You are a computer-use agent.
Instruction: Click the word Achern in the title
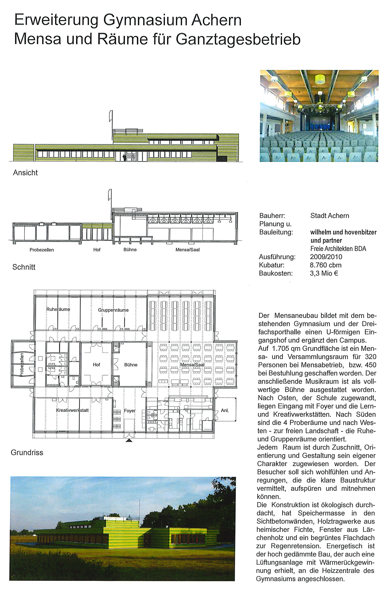(x=216, y=20)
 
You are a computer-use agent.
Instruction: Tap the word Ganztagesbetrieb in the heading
(x=238, y=39)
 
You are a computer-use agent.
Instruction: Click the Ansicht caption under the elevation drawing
(x=25, y=173)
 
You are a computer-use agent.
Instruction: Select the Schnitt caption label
(x=24, y=267)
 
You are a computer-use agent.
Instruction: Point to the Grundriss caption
(x=27, y=452)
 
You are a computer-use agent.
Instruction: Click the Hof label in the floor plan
(x=96, y=365)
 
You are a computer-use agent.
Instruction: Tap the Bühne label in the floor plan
(x=131, y=365)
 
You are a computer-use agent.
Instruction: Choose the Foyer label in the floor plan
(x=130, y=411)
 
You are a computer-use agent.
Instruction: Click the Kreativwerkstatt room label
(x=72, y=410)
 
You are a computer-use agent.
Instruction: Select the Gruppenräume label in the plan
(x=113, y=310)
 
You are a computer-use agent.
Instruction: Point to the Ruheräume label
(x=58, y=309)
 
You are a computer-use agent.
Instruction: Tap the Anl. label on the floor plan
(x=225, y=410)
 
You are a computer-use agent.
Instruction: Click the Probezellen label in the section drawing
(x=42, y=250)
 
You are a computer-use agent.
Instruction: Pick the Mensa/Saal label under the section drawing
(x=187, y=250)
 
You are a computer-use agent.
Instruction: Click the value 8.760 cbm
(x=326, y=265)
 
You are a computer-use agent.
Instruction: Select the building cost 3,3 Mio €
(x=324, y=273)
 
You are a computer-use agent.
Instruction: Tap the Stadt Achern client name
(x=329, y=216)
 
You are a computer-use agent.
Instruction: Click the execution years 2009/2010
(x=326, y=257)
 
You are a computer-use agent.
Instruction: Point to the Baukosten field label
(x=276, y=273)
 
